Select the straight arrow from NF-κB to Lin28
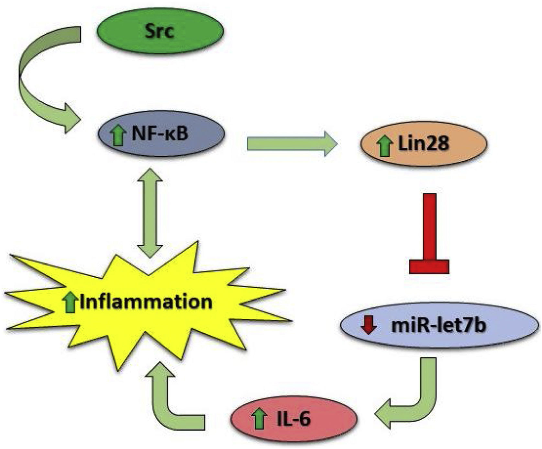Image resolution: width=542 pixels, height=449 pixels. click(291, 144)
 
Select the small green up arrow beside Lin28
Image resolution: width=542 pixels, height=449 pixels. click(385, 146)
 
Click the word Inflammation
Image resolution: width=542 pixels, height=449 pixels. click(146, 302)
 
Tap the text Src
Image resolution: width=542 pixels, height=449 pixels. click(160, 31)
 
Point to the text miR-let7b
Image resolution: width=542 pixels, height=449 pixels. click(438, 326)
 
